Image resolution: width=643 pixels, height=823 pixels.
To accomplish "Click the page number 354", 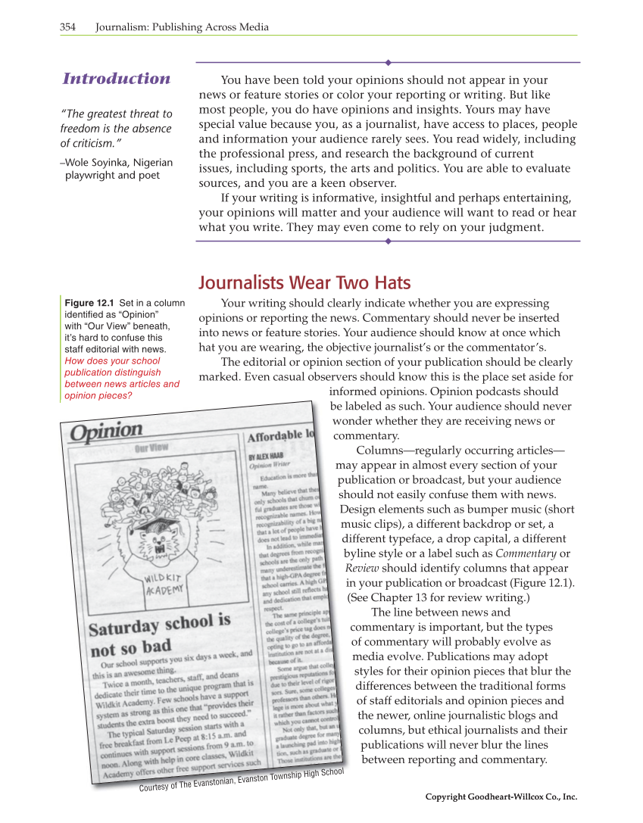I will click(x=68, y=27).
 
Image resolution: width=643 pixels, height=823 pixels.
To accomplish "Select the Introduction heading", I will click(x=117, y=79).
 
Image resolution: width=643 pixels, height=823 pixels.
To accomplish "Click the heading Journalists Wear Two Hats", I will click(x=304, y=284).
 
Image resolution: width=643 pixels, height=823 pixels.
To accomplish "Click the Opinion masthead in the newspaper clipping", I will click(x=107, y=432).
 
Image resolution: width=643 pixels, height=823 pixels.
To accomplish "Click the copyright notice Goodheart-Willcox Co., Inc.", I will click(x=501, y=797).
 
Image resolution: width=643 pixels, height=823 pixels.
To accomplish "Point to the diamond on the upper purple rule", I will click(x=388, y=62).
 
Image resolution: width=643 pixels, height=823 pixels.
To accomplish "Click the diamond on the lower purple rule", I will click(x=388, y=241).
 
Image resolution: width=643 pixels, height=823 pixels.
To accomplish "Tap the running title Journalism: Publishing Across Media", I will click(x=182, y=27).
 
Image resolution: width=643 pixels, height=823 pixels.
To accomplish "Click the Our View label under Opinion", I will click(x=151, y=447).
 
